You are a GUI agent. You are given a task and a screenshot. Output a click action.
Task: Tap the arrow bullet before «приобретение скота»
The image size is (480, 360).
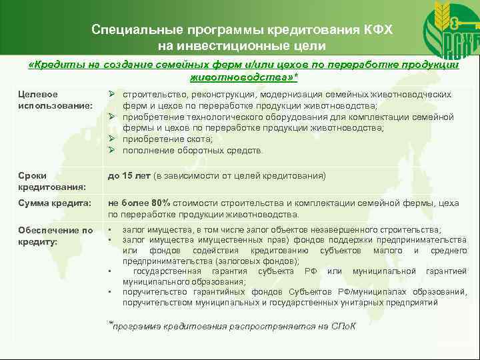[x=113, y=139]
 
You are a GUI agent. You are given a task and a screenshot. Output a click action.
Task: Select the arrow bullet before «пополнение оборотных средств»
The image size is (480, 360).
[x=113, y=151]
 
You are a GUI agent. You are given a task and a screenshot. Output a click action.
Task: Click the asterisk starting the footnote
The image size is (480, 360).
[x=110, y=324]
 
